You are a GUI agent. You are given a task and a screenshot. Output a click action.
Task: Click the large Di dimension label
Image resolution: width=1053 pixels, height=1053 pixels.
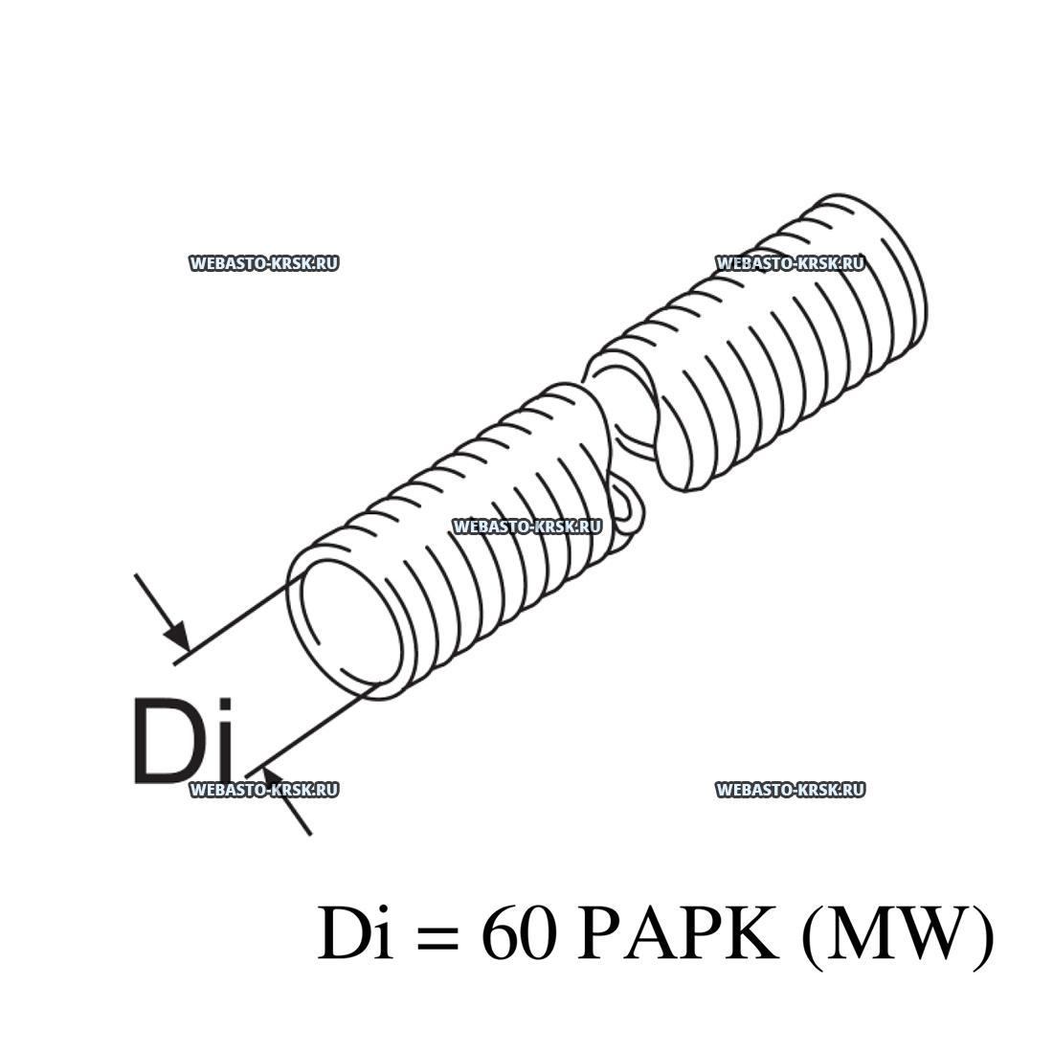184,742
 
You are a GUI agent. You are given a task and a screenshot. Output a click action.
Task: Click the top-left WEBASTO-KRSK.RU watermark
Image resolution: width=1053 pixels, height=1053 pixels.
263,263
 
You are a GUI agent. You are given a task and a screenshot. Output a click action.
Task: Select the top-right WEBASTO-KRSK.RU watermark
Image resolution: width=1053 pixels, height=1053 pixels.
791,263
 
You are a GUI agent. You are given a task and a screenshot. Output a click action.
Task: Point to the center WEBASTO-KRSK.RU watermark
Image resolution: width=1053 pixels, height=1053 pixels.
527,526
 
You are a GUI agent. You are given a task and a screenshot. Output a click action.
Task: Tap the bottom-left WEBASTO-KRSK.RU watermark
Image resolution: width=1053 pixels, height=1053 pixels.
263,790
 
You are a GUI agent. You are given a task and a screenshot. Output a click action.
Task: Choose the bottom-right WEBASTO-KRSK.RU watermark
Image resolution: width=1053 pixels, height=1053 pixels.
791,790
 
